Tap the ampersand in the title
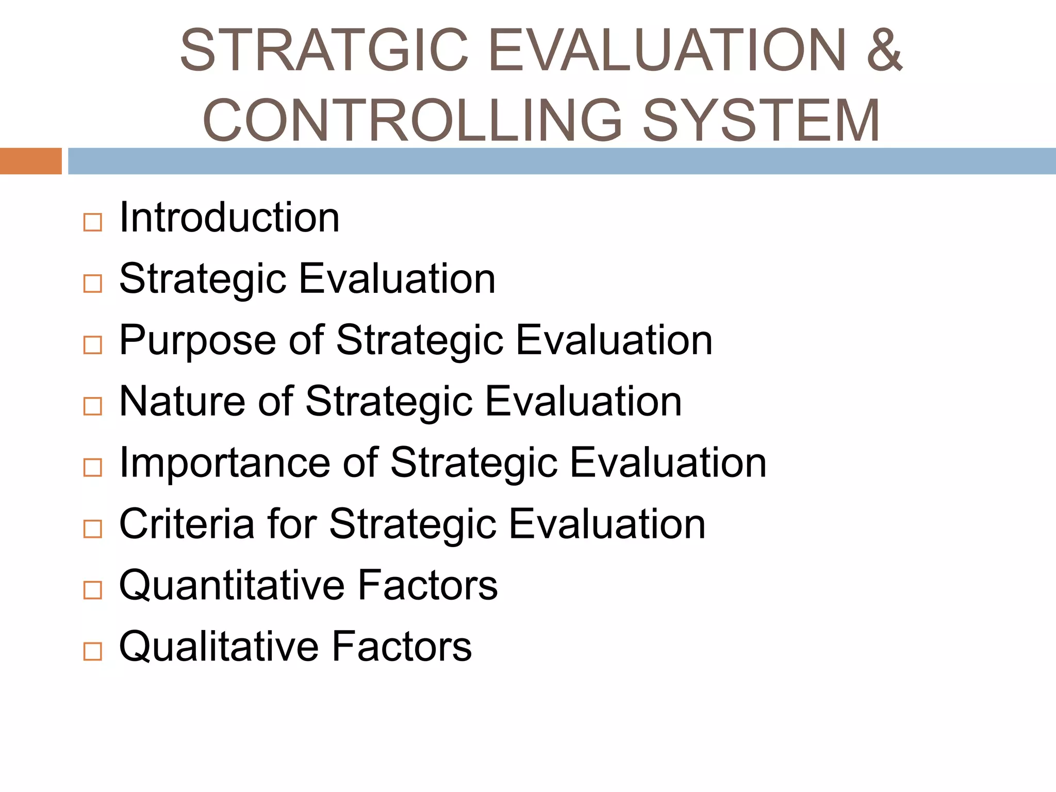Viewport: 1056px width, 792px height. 884,50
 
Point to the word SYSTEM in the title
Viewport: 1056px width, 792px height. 762,120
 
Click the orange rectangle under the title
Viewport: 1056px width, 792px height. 30,161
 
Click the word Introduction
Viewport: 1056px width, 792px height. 229,218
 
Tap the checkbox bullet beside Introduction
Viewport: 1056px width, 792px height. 93,223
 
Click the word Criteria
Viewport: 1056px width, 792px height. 187,524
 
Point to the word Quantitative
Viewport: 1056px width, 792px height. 232,586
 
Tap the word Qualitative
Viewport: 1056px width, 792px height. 218,647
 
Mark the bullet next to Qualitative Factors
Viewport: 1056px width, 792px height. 93,652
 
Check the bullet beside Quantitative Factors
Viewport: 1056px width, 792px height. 93,590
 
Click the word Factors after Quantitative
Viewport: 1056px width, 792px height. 427,585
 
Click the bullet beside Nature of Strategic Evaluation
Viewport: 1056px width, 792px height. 93,406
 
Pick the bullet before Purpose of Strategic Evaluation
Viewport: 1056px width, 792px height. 93,345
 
